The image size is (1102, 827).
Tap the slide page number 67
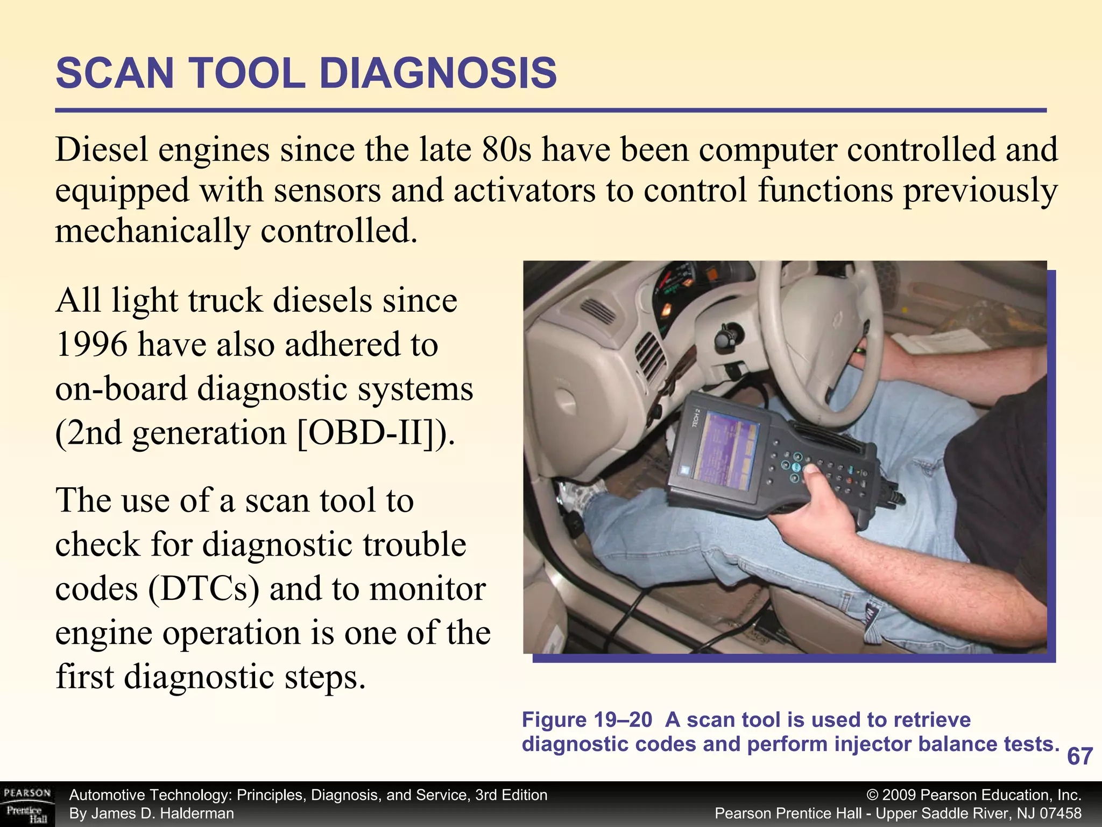pyautogui.click(x=1079, y=756)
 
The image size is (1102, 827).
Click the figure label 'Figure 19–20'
pyautogui.click(x=587, y=720)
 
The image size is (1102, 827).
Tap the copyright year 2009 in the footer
pyautogui.click(x=899, y=795)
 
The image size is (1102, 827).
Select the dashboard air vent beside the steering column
pyautogui.click(x=651, y=358)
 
